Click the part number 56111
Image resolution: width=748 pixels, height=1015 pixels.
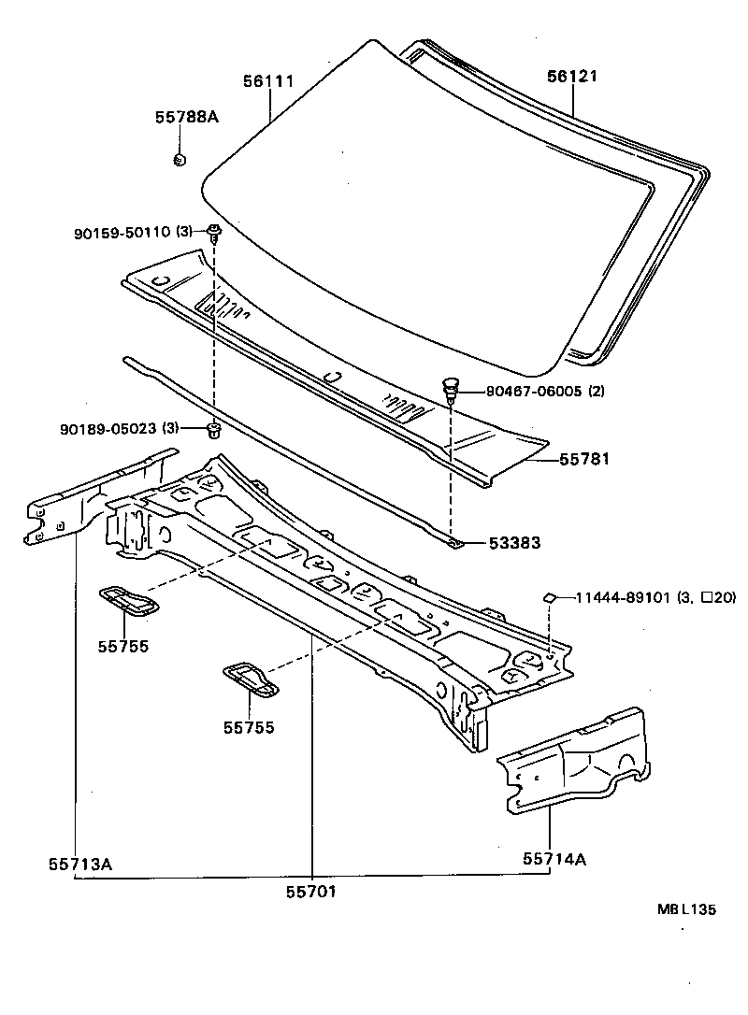(269, 81)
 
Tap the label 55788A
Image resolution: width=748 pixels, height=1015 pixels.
(186, 117)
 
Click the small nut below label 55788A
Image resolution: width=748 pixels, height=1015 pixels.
(180, 159)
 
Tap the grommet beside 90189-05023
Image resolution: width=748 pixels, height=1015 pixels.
(213, 430)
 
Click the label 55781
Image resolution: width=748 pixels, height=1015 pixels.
(585, 460)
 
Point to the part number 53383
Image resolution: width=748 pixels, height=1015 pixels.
(513, 542)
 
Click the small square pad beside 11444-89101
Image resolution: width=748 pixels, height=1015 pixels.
(550, 596)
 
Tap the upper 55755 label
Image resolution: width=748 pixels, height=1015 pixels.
(123, 645)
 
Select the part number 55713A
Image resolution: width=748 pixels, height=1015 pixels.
(80, 864)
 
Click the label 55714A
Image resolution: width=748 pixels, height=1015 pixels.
(554, 858)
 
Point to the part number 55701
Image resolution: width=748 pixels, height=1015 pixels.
(310, 891)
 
